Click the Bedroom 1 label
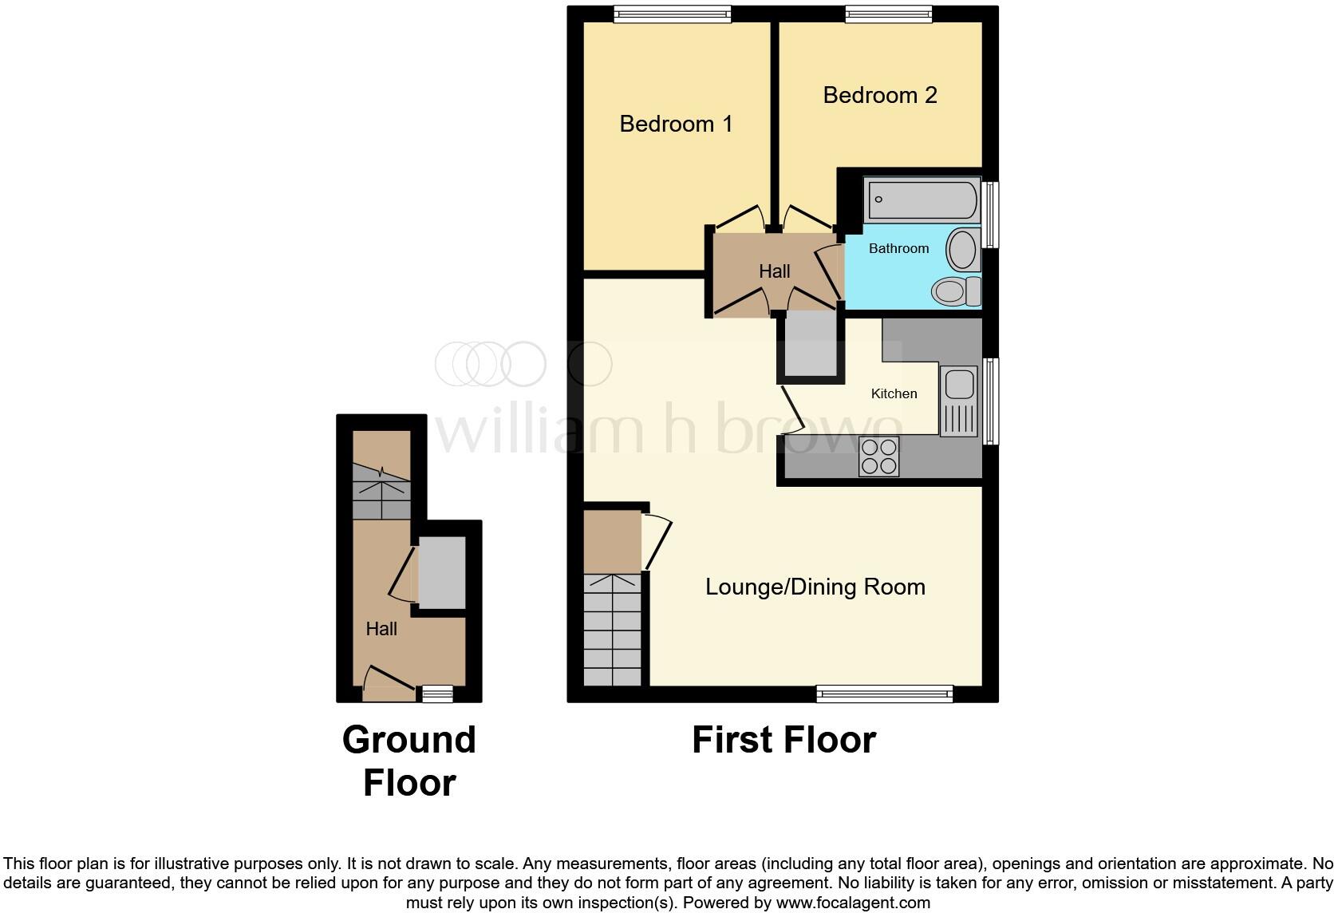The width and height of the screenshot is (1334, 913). tap(676, 124)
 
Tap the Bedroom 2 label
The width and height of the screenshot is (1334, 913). tap(879, 95)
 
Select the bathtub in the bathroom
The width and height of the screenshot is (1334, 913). tap(922, 200)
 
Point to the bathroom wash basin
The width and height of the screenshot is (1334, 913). tap(963, 250)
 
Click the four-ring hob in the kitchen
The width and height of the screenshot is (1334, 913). tap(878, 457)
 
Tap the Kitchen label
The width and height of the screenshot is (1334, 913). tap(894, 393)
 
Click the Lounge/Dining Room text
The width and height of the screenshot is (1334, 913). tap(815, 587)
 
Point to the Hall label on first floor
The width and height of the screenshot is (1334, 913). tap(774, 271)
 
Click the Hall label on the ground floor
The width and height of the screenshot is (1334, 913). tap(381, 629)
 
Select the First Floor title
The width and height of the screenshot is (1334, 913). tap(783, 740)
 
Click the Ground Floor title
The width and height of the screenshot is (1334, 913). tap(409, 761)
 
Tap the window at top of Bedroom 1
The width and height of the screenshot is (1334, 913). tap(672, 14)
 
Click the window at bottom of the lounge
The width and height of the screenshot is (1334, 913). tap(884, 694)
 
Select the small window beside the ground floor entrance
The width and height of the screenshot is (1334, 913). tap(437, 694)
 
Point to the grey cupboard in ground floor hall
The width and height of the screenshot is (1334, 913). tap(441, 572)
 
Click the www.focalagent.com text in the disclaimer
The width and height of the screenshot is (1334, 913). tap(852, 903)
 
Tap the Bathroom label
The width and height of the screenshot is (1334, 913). tap(898, 248)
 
